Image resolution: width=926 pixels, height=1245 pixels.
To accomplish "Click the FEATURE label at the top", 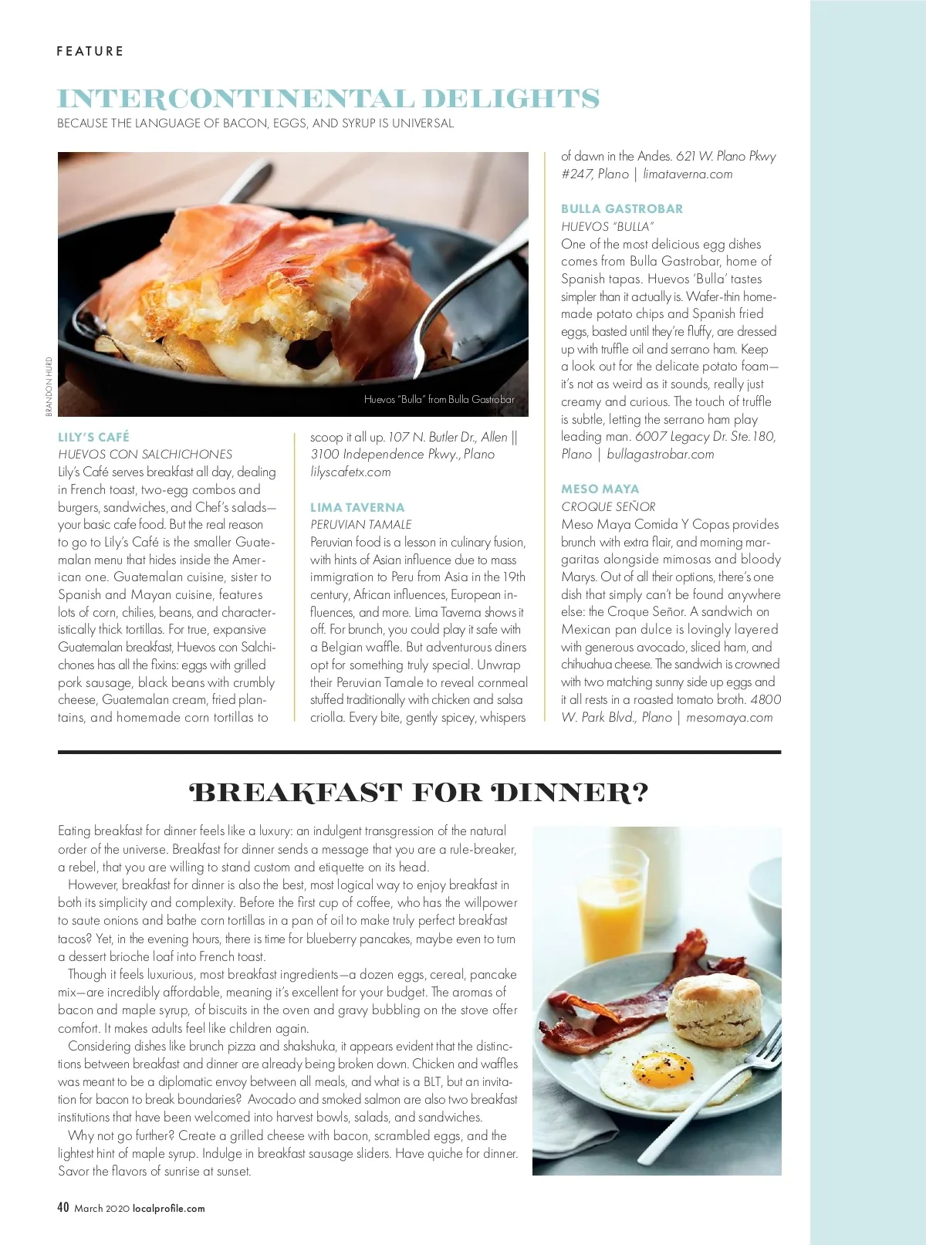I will pos(90,51).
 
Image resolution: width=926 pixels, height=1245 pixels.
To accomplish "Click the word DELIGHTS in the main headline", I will pos(511,99).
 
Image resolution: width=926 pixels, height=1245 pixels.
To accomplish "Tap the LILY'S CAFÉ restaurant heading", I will pos(93,437).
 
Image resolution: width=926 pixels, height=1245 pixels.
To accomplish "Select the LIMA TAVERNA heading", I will pos(357,507).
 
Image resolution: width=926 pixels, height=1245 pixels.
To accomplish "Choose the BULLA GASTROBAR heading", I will pos(621,208).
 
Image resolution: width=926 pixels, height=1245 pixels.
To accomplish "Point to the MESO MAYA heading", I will pos(600,489).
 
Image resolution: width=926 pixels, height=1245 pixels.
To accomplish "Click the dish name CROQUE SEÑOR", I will pos(608,506).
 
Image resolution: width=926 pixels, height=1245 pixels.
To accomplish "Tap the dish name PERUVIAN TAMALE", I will pos(361,524).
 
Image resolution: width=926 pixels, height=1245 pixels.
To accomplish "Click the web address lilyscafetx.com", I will pos(350,472).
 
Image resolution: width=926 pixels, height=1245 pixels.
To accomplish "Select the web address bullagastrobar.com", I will pos(661,454).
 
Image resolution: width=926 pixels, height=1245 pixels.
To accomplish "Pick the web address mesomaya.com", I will pos(729,717).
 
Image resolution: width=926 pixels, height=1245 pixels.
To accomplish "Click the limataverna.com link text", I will pos(688,174).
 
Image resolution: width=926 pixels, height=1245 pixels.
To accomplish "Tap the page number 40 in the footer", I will pos(63,1207).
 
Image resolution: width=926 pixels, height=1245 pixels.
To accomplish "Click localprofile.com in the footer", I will pos(169,1209).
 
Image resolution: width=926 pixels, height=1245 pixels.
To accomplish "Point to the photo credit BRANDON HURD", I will pos(49,386).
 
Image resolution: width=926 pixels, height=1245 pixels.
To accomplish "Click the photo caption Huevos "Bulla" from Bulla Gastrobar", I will pos(439,399).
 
